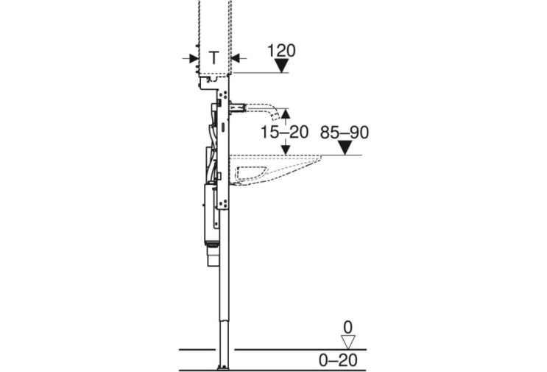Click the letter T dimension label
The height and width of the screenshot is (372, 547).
[214, 57]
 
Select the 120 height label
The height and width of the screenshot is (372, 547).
[281, 51]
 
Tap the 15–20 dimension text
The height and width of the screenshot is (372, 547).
[285, 132]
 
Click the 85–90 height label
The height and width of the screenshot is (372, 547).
[345, 133]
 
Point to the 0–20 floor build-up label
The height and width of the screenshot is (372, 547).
[338, 360]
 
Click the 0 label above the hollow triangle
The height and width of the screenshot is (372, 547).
[347, 328]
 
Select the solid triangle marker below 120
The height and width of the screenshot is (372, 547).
[281, 66]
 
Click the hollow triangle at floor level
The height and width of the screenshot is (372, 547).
[347, 342]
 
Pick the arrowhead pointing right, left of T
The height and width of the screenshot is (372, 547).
[194, 58]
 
